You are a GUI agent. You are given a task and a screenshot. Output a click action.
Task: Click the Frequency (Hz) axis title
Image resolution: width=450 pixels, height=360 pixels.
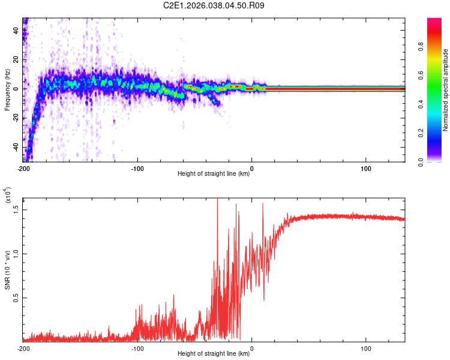click(7, 90)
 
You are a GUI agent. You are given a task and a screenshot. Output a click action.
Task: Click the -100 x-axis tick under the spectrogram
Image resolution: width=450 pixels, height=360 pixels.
click(137, 167)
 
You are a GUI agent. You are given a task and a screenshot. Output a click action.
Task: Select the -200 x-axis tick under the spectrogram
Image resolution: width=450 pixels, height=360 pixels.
click(23, 167)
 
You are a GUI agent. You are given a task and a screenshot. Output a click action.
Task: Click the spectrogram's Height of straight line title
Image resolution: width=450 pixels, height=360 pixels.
click(214, 174)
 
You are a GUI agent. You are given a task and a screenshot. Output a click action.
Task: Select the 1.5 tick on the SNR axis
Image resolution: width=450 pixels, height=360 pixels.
click(16, 208)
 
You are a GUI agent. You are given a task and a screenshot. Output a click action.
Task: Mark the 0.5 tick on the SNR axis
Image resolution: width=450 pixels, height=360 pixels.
click(16, 297)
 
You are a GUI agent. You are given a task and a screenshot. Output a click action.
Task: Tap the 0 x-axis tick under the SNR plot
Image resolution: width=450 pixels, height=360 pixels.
click(251, 347)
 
